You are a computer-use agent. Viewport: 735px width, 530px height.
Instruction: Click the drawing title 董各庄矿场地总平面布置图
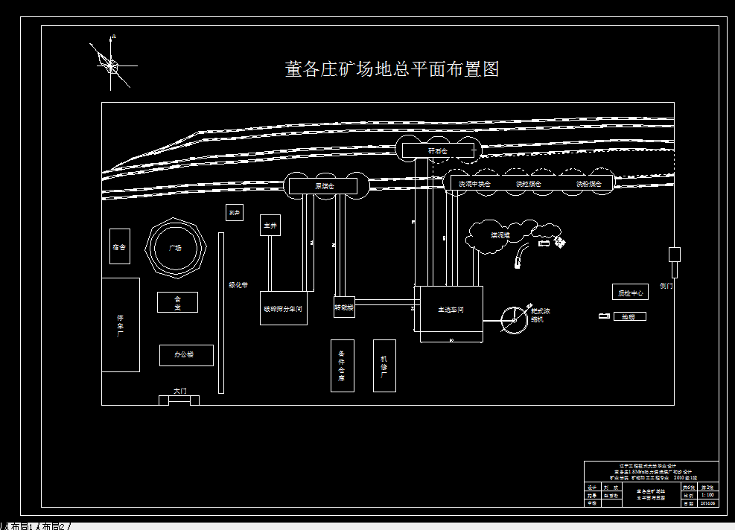(392, 69)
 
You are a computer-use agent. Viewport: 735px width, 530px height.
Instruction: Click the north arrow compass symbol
(110, 66)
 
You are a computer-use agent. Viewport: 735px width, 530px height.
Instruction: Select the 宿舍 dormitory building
(119, 247)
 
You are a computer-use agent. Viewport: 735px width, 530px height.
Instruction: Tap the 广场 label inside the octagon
(176, 248)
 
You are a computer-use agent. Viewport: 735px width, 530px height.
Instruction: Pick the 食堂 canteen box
(177, 302)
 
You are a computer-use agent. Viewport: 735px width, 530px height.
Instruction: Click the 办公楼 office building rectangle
(186, 355)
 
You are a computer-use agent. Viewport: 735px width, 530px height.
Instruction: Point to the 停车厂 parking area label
(120, 325)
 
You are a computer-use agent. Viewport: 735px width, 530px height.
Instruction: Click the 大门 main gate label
(179, 391)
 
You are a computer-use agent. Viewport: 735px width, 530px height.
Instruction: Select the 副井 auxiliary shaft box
(235, 213)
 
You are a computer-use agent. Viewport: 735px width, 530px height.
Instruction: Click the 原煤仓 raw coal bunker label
(325, 185)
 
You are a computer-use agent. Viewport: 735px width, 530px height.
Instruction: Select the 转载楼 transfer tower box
(344, 306)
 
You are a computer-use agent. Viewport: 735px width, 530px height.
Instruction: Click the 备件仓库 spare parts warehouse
(342, 365)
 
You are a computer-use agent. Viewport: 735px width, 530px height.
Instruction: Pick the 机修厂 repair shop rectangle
(384, 365)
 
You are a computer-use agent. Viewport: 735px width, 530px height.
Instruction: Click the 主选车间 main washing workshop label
(450, 310)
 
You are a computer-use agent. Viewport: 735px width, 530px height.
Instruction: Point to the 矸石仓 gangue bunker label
(438, 150)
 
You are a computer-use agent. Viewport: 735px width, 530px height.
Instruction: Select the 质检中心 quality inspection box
(629, 293)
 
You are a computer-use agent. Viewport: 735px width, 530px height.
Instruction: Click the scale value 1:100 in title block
(708, 494)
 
